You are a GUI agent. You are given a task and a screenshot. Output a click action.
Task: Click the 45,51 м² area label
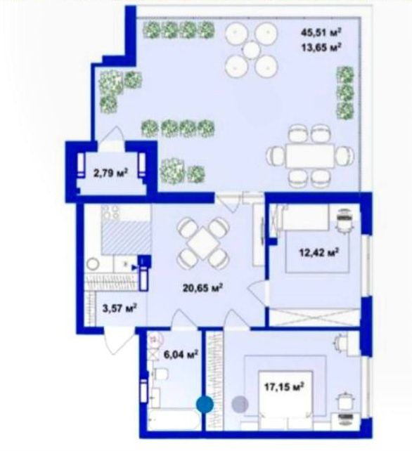pos(321,32)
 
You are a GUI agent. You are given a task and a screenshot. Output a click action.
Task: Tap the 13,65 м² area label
pos(321,47)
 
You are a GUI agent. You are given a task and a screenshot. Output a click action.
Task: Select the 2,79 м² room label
pos(110,173)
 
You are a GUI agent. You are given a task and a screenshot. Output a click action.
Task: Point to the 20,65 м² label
pos(203,287)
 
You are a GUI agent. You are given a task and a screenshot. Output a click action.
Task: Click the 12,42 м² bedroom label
pos(318,252)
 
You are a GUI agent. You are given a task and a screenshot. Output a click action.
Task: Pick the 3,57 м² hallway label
pos(120,308)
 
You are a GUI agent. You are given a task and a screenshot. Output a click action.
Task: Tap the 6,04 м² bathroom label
pos(181,354)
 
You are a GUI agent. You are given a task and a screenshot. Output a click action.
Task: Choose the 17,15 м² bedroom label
pos(284,386)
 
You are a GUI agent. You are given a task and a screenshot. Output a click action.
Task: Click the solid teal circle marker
pos(205,405)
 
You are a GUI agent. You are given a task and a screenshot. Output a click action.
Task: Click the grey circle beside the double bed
pos(240,404)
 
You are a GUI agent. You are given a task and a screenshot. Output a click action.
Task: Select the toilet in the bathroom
pos(160,374)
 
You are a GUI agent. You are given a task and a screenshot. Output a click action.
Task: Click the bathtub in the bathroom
pos(174,420)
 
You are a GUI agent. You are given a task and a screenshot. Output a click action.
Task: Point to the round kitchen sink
pos(93,264)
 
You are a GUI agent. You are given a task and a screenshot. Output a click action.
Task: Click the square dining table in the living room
pos(203,243)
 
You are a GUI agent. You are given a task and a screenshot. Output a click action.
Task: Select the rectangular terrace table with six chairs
pos(310,156)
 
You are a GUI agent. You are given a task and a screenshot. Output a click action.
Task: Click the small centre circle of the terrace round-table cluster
pos(251,51)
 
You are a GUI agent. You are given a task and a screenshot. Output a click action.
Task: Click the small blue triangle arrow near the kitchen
pos(134,268)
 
